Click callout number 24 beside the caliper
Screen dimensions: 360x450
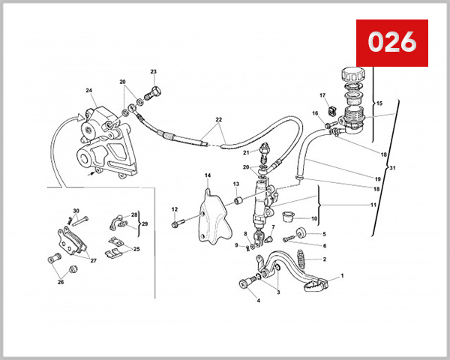(89, 91)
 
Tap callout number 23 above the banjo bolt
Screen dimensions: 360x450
(153, 72)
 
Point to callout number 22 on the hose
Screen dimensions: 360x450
(219, 120)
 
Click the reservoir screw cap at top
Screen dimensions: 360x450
(352, 76)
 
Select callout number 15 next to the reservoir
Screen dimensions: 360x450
(379, 103)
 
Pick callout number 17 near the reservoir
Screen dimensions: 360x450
(322, 96)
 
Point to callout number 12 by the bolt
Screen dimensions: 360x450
(174, 209)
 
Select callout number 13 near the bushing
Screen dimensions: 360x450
(235, 184)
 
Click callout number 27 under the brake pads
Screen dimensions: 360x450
(93, 261)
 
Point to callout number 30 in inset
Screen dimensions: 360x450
(76, 211)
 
